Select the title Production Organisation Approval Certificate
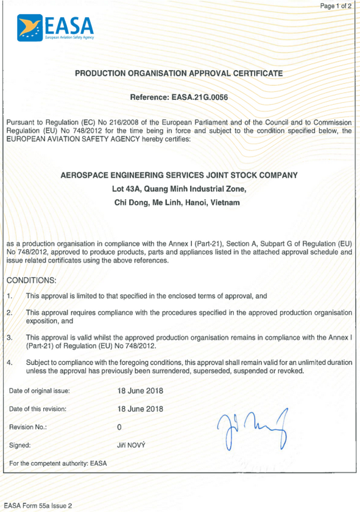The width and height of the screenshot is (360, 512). [x=179, y=73]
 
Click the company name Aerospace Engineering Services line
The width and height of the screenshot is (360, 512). [x=179, y=175]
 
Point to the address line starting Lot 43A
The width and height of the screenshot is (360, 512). [x=179, y=189]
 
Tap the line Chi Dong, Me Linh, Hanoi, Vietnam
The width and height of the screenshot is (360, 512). [x=179, y=203]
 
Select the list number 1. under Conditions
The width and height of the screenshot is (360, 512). [x=10, y=295]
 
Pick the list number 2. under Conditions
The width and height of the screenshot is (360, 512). [x=10, y=312]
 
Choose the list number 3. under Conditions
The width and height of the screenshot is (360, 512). [x=10, y=337]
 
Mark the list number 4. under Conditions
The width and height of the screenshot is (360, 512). [x=10, y=362]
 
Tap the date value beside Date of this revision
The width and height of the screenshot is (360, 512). [x=140, y=409]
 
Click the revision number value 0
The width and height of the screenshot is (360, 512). [x=119, y=427]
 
